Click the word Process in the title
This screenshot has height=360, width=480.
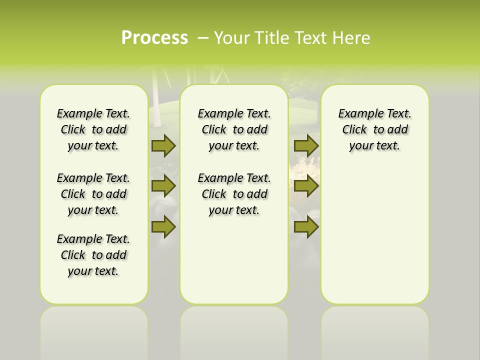tap(154, 37)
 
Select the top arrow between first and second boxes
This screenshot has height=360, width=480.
tap(163, 146)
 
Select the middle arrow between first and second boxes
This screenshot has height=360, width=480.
tap(163, 186)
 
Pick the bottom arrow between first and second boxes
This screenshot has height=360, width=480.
tap(163, 226)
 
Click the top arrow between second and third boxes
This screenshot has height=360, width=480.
tap(306, 146)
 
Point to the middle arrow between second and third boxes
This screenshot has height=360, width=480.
tap(306, 186)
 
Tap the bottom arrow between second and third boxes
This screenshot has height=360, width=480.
tap(306, 226)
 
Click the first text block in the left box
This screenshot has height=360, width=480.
tap(93, 129)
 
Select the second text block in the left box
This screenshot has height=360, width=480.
tap(93, 194)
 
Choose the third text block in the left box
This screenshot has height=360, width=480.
tap(93, 255)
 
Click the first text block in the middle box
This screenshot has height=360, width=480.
tap(234, 129)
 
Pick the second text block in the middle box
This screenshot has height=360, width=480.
tap(234, 194)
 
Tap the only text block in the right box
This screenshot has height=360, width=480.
tap(374, 129)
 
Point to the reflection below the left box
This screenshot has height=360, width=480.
tap(94, 330)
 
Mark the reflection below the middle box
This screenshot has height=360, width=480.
tap(234, 330)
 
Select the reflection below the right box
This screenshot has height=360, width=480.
tap(374, 330)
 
